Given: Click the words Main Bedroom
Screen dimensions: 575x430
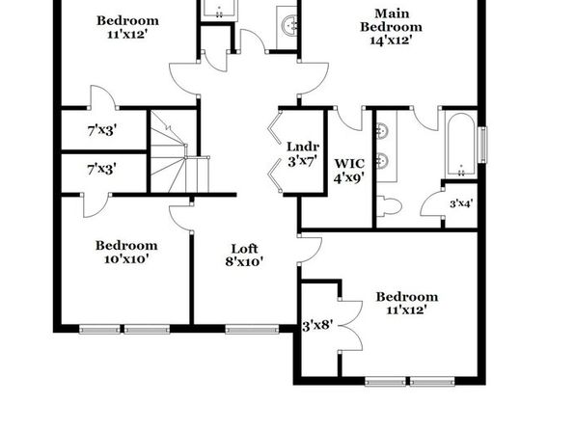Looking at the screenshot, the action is pos(391,20).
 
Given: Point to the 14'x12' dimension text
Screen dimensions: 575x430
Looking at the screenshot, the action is pos(391,40).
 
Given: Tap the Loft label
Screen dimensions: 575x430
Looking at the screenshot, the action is pos(245,249).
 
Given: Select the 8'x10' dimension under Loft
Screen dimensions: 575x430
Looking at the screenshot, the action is pos(245,261).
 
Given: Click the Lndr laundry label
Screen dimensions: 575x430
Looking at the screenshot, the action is pos(303,147).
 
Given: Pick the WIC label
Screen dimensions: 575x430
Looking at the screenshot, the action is pos(349,163).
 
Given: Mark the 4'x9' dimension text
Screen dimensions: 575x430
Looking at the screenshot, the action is pos(349,177).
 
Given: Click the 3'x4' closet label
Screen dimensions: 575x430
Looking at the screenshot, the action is pos(461,203).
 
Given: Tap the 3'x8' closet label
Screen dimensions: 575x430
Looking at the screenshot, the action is pos(317,326).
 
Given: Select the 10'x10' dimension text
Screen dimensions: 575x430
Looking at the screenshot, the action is pos(126,259).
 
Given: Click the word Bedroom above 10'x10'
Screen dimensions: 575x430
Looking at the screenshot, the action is pos(126,245).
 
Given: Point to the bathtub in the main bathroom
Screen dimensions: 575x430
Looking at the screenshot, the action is pos(461,145).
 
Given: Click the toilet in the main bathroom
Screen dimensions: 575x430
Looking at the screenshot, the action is pos(390,206).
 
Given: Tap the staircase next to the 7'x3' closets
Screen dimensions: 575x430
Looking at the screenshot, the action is pos(179,152).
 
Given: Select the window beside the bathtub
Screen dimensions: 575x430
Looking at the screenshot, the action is pos(484,145).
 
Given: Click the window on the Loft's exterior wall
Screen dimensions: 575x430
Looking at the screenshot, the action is pos(252,329).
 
